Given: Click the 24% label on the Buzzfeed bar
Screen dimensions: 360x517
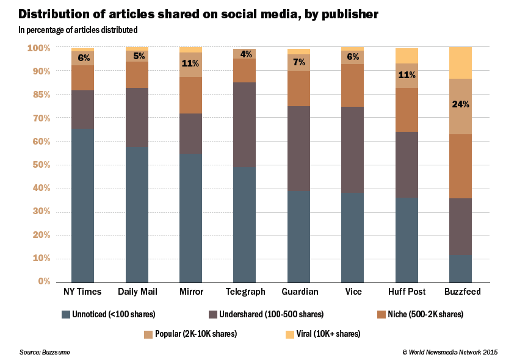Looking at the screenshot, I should (461, 104).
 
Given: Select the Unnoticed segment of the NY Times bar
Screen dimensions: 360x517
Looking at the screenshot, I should (82, 205).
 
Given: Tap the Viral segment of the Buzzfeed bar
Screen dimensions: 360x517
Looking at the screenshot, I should (461, 63).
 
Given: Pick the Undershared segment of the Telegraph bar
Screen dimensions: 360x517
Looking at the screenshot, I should (245, 124).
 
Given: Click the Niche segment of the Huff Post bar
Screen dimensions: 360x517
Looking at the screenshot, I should (407, 110).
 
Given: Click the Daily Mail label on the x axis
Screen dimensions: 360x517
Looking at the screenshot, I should (137, 292).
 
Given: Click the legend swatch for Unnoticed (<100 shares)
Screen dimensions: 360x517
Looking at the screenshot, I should (66, 314).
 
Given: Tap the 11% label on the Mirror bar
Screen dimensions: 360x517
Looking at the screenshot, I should (190, 63).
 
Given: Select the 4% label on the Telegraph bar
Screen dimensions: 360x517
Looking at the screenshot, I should (245, 54).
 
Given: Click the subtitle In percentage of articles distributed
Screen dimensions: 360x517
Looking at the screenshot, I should (78, 29).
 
